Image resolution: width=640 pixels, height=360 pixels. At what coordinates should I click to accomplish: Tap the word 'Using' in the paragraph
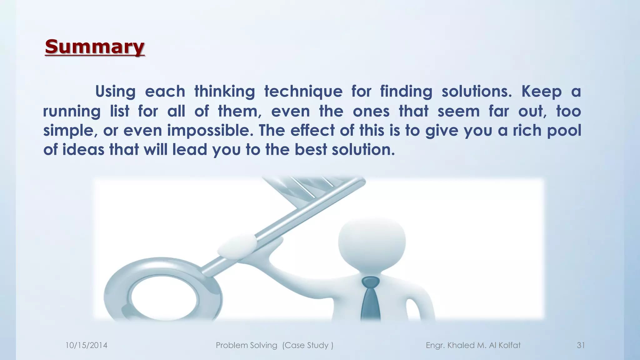(x=115, y=92)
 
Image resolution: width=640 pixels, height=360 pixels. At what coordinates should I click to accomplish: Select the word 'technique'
(x=303, y=92)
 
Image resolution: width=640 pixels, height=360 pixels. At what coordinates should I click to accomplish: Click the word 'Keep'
(x=542, y=92)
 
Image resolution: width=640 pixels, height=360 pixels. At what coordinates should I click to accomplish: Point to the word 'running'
(x=72, y=112)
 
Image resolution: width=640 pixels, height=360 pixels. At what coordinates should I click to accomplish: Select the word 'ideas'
(x=83, y=150)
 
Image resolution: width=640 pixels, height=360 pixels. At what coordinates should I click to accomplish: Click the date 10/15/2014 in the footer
(x=86, y=345)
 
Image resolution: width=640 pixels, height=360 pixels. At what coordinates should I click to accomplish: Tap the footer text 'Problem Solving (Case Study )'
(x=274, y=345)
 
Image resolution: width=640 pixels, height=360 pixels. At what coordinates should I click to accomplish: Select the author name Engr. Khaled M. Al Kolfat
(x=473, y=345)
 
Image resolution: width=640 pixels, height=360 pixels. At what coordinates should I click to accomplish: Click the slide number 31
(x=581, y=345)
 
